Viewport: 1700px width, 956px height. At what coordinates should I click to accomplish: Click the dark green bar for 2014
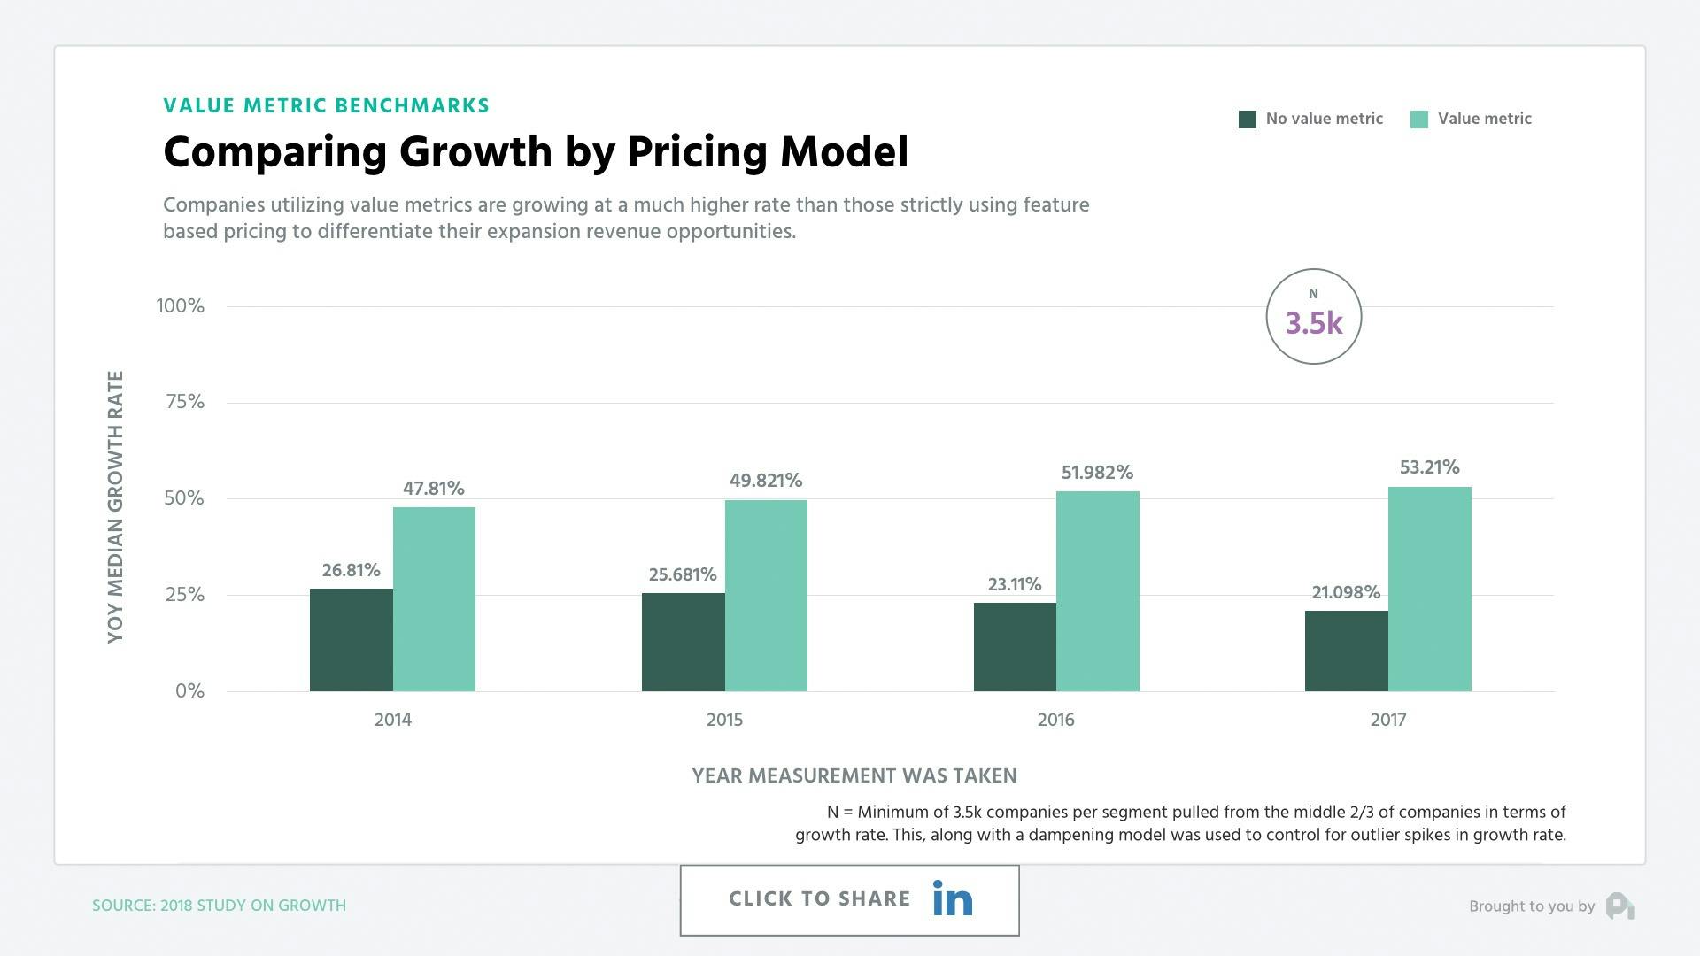pos(351,640)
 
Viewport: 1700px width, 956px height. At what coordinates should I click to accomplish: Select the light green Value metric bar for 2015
pos(766,596)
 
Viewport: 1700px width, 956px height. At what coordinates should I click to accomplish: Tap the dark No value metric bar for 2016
pos(1015,647)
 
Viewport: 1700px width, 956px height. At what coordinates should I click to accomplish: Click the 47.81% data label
pos(433,489)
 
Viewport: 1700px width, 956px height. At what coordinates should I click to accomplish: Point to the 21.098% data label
pos(1345,593)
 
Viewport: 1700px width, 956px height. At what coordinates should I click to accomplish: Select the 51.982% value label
pos(1097,473)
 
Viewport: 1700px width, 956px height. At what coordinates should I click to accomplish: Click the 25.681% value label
pos(683,575)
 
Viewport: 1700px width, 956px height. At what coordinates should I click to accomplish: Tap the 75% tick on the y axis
pos(184,402)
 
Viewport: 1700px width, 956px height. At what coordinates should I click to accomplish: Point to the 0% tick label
pos(189,691)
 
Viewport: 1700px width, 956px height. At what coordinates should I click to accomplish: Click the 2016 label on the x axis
pos(1055,720)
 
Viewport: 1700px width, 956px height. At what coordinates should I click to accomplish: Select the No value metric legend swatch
pos(1247,119)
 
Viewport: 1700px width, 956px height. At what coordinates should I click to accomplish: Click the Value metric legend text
pos(1484,119)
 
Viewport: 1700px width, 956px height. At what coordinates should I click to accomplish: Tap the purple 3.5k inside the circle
pos(1313,324)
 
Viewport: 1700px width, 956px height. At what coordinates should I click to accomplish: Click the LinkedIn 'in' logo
pos(953,899)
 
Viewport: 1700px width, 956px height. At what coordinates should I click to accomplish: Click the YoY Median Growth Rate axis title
pos(115,506)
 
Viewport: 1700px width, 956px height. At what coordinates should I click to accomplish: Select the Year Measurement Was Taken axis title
pos(854,776)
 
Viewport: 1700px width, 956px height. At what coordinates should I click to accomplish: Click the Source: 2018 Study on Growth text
pos(219,906)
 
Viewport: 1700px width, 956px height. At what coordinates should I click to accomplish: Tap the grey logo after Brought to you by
pos(1619,906)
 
